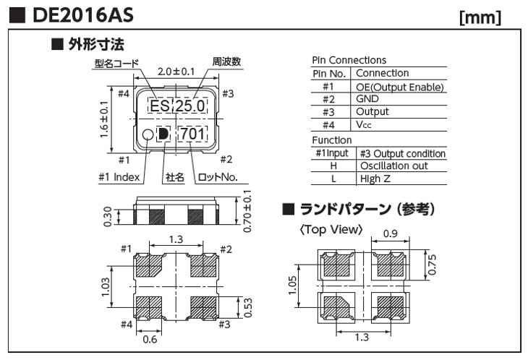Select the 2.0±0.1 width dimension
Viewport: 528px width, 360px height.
(176, 72)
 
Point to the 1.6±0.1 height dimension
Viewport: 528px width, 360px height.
(106, 120)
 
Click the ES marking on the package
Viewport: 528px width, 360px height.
(159, 107)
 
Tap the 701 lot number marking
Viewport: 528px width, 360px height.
(192, 134)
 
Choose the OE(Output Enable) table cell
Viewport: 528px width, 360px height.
(399, 87)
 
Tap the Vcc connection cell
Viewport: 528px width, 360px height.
(365, 124)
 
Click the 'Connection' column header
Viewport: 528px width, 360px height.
(383, 73)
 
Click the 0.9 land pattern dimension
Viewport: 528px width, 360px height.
(388, 233)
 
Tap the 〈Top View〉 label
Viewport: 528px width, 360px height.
(330, 230)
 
